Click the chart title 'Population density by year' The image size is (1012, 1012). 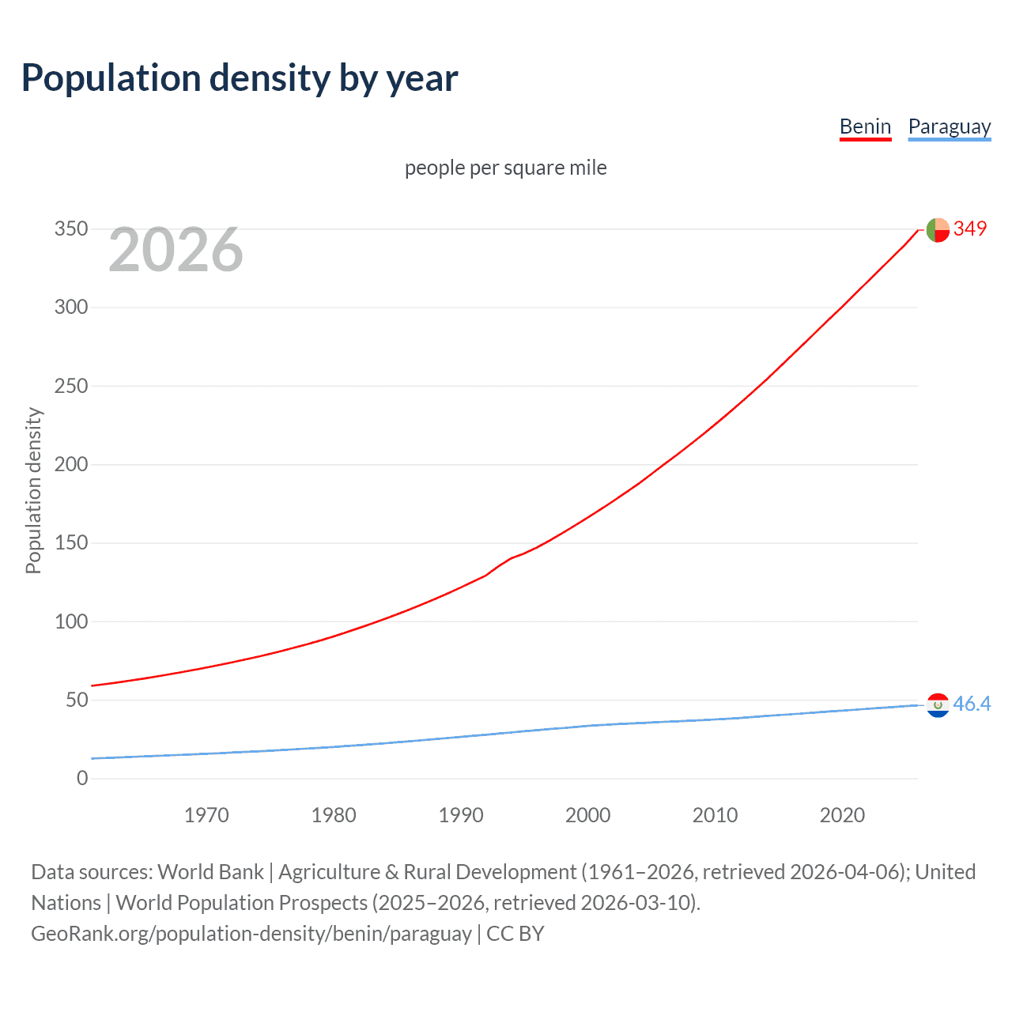click(x=240, y=78)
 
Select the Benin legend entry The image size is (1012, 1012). click(x=865, y=126)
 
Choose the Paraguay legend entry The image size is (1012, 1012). click(x=949, y=126)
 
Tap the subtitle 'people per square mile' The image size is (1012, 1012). click(x=505, y=168)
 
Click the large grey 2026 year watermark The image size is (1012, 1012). click(x=176, y=250)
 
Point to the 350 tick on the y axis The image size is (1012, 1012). click(x=71, y=229)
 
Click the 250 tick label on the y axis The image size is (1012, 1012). click(x=71, y=386)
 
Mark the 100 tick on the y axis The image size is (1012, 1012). click(x=71, y=621)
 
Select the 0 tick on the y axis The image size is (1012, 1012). click(x=82, y=778)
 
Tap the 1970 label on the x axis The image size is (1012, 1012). click(x=206, y=815)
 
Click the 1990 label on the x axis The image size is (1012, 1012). click(x=461, y=815)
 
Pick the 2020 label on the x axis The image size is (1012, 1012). click(x=842, y=815)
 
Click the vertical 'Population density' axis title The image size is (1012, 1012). click(x=33, y=490)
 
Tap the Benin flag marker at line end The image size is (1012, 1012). click(x=938, y=229)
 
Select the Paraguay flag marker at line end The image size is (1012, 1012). click(x=938, y=704)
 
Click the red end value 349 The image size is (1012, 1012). click(x=970, y=228)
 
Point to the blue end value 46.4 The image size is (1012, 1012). click(x=972, y=704)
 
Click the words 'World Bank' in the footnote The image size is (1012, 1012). click(x=210, y=872)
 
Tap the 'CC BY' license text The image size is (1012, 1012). click(x=515, y=934)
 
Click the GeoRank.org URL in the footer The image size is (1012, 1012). click(x=251, y=934)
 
